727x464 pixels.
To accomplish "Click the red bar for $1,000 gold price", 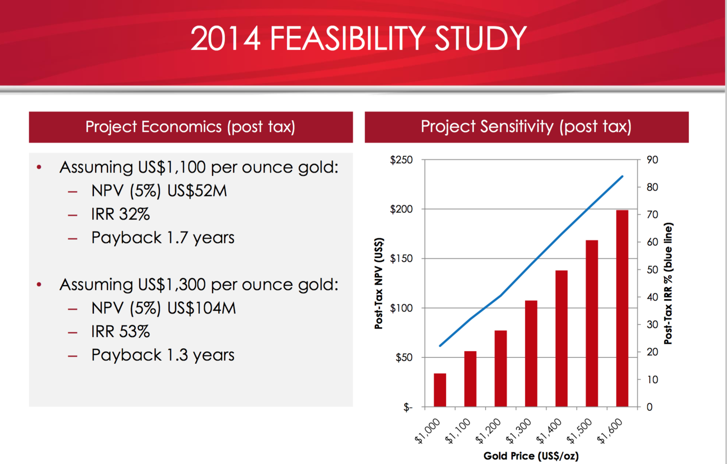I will pyautogui.click(x=440, y=390).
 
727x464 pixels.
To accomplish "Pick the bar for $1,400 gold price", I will pyautogui.click(x=561, y=338).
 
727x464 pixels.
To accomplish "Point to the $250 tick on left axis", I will pyautogui.click(x=401, y=160).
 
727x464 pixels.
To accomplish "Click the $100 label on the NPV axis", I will pyautogui.click(x=401, y=308).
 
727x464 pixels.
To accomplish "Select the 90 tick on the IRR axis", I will pyautogui.click(x=652, y=160).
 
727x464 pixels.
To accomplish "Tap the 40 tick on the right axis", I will pyautogui.click(x=652, y=297).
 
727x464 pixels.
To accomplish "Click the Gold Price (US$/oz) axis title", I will pyautogui.click(x=531, y=456).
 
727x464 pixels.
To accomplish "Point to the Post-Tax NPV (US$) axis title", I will pyautogui.click(x=379, y=283).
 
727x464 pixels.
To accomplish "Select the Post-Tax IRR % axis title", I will pyautogui.click(x=668, y=283).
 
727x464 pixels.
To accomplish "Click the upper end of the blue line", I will pyautogui.click(x=622, y=176).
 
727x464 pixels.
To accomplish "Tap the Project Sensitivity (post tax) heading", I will pyautogui.click(x=526, y=127).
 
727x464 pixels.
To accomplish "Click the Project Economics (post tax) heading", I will pyautogui.click(x=190, y=127).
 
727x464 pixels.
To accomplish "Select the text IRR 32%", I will pyautogui.click(x=120, y=214).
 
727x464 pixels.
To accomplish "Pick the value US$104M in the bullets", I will pyautogui.click(x=202, y=308).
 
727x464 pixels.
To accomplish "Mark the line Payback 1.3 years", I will pyautogui.click(x=163, y=355).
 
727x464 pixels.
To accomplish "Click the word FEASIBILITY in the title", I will pyautogui.click(x=347, y=39).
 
